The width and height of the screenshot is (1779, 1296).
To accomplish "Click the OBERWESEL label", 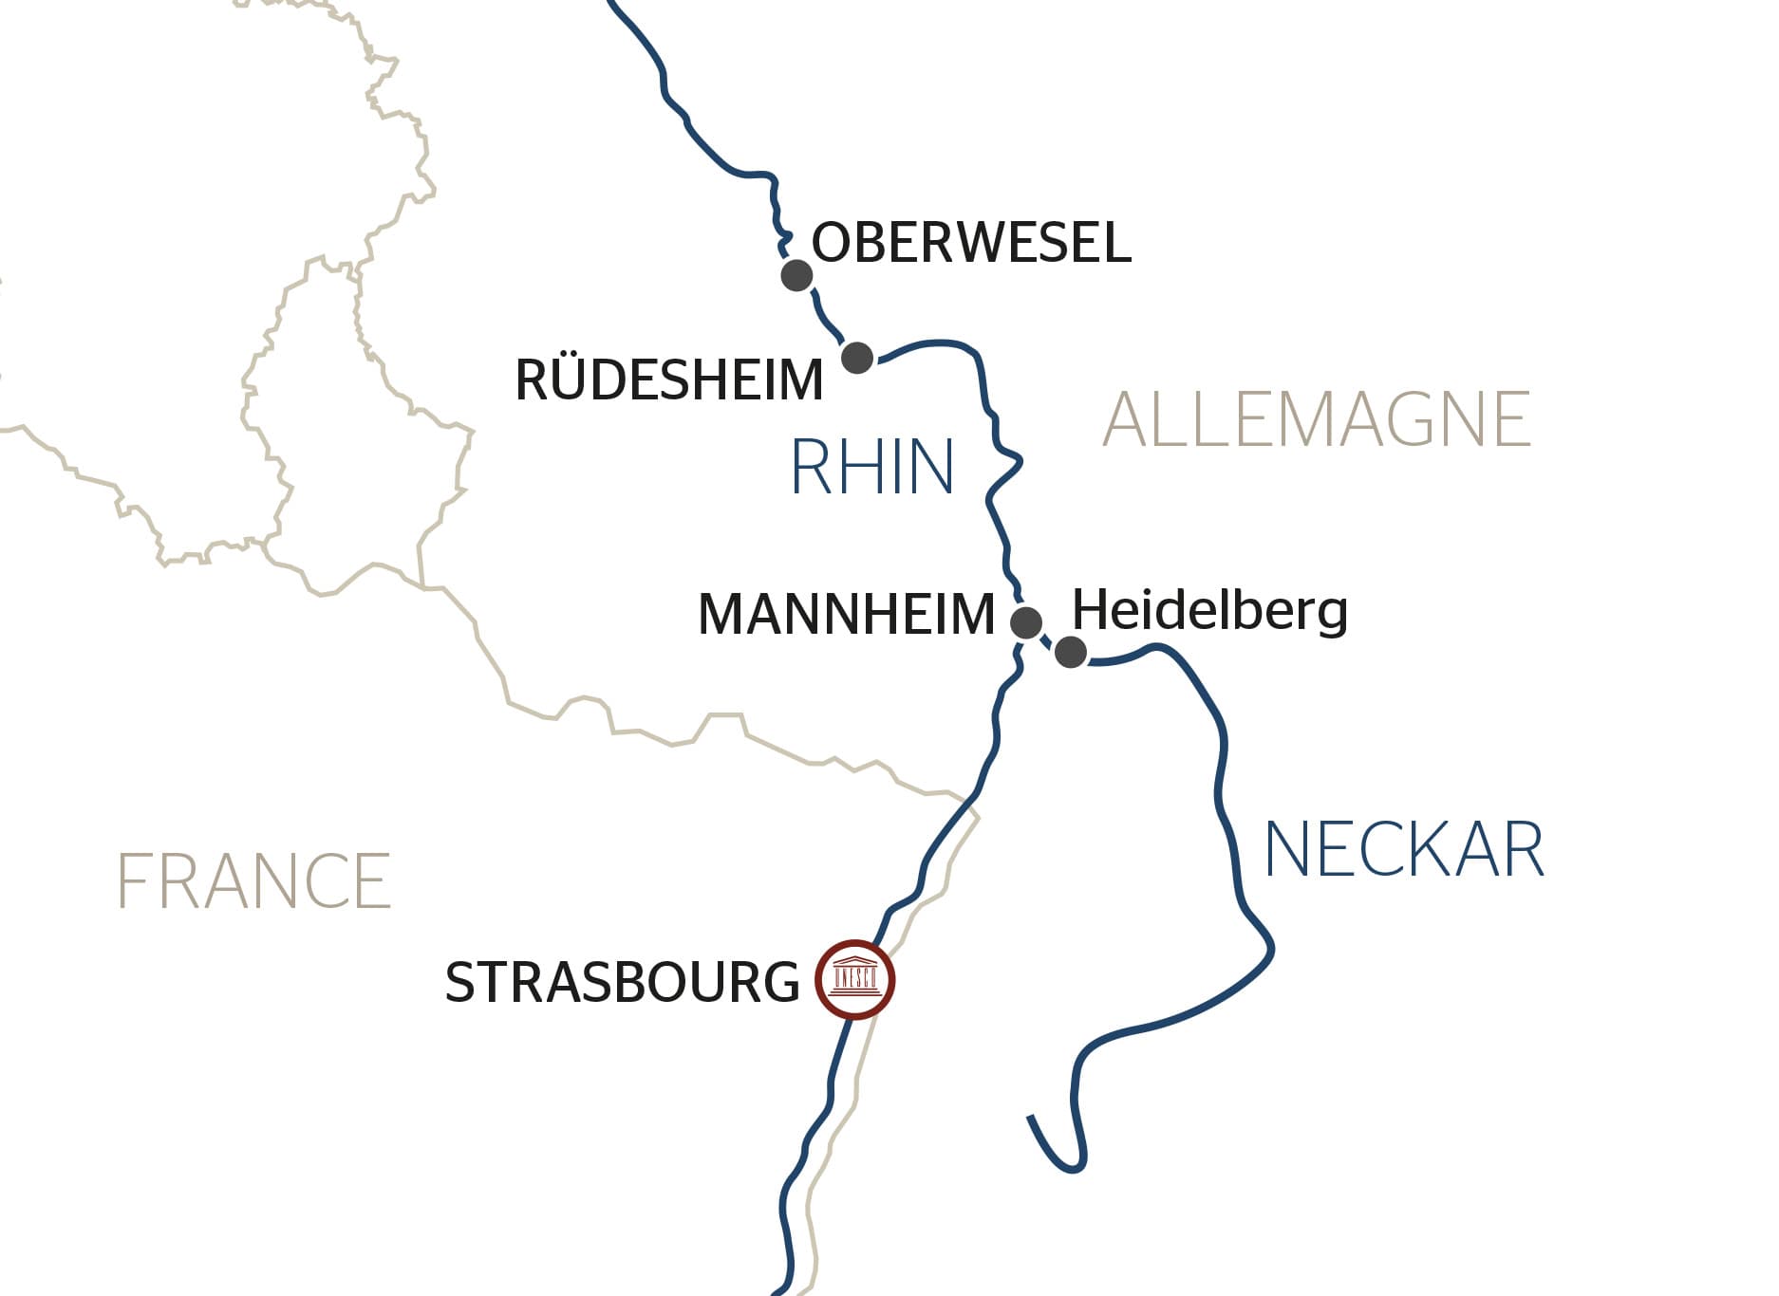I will [970, 243].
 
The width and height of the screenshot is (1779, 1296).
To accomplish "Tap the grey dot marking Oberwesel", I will [796, 276].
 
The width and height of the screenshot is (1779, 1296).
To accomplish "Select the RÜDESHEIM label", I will [668, 380].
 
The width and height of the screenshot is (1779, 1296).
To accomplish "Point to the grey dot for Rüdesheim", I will [857, 358].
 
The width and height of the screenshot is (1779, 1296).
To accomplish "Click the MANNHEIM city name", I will [846, 614].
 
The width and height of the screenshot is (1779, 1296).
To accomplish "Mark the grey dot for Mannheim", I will [1025, 623].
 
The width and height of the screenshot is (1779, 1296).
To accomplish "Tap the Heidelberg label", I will [1209, 609].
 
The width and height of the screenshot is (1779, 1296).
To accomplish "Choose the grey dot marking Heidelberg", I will [1071, 652].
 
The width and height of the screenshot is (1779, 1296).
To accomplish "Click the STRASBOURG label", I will [622, 982].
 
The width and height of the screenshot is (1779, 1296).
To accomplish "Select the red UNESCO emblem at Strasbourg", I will [854, 980].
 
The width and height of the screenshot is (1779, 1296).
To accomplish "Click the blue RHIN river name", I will [871, 467].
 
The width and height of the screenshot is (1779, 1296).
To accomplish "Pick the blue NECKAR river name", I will [1403, 850].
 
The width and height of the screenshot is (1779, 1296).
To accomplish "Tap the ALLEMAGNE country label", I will [1316, 419].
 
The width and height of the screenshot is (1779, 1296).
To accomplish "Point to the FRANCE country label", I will [253, 881].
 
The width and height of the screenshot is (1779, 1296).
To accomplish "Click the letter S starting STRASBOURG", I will [461, 982].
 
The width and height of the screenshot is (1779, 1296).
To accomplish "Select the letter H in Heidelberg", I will [1089, 609].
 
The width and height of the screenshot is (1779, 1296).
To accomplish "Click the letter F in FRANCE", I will [134, 881].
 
